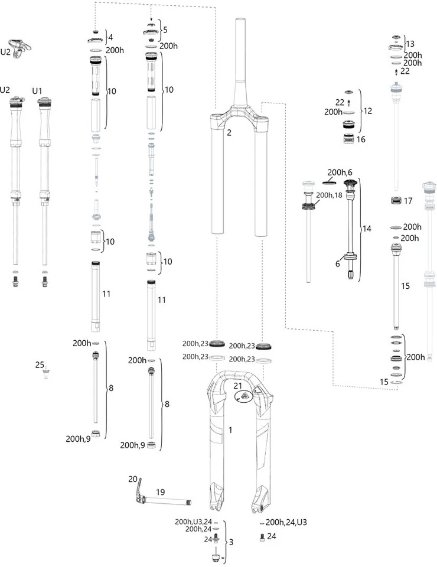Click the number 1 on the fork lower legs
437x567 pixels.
pos(230,431)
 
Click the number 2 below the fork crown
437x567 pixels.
pos(229,133)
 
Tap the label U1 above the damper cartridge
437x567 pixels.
pos(37,90)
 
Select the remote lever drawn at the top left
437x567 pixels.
pos(21,46)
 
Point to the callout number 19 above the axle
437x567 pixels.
pos(159,491)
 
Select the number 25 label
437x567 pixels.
pos(40,365)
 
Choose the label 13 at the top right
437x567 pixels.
pos(410,44)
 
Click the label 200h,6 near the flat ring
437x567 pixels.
pos(340,171)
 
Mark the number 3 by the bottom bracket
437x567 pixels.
pos(231,542)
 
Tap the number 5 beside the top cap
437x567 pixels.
pos(165,29)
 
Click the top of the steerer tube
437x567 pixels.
pos(241,21)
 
